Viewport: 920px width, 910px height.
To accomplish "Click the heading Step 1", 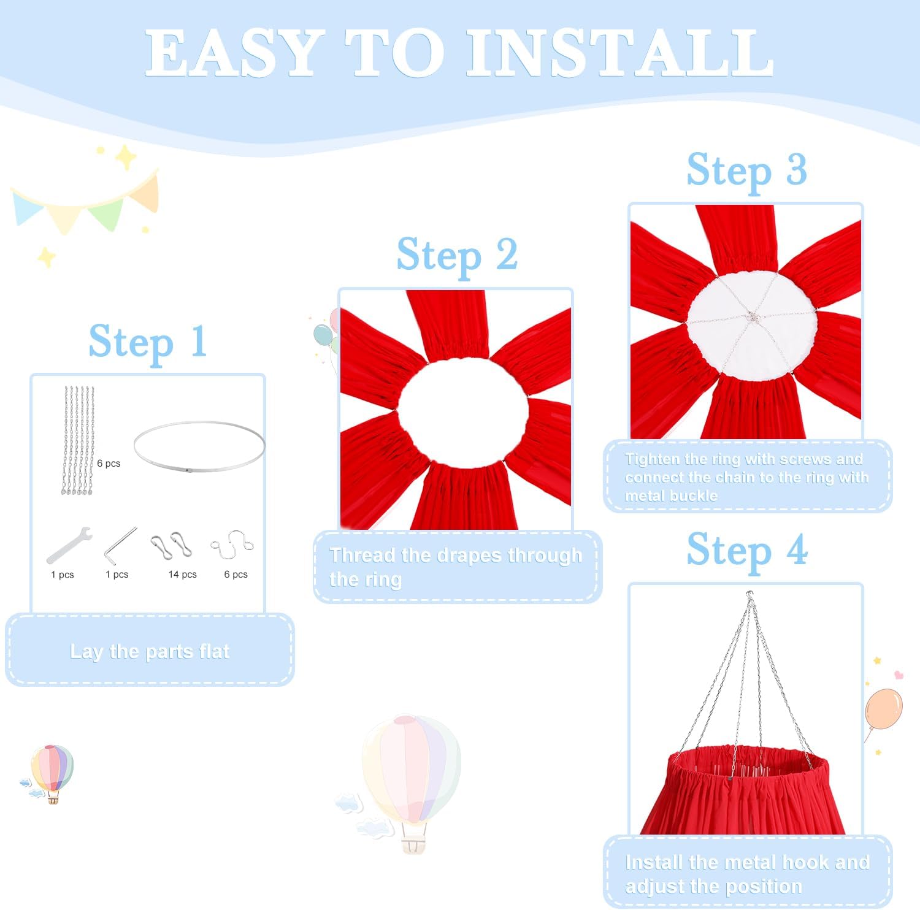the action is click(x=147, y=342).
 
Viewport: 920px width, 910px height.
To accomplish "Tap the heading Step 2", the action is click(x=457, y=255).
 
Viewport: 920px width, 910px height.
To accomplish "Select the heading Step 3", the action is click(x=746, y=170).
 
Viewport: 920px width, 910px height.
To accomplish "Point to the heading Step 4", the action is click(x=746, y=550).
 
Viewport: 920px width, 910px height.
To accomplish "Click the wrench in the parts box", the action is click(x=69, y=545).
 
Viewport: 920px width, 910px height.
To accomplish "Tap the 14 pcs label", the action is click(x=182, y=575).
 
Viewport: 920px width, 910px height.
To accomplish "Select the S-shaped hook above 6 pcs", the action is click(x=232, y=544).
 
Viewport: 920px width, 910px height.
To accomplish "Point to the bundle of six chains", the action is click(x=78, y=440).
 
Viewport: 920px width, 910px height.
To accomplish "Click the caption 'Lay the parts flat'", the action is click(x=150, y=651).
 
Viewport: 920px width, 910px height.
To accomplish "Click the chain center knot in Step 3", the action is click(x=752, y=317).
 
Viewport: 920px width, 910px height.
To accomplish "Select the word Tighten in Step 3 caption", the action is click(x=651, y=459).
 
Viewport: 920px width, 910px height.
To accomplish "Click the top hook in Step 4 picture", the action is click(x=749, y=597).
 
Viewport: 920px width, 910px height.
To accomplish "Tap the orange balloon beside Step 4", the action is click(x=883, y=709).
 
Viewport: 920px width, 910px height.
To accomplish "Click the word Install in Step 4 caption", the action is click(x=654, y=862).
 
